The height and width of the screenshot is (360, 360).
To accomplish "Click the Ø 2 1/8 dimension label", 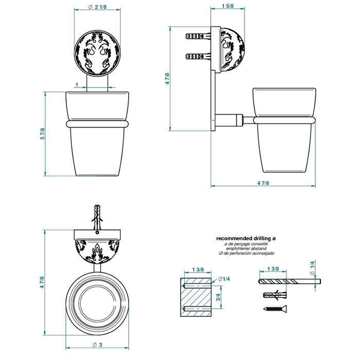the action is pos(98,7).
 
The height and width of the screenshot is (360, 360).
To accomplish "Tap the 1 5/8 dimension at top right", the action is pos(227,6).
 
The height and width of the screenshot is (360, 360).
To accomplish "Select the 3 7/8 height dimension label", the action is pos(43,134).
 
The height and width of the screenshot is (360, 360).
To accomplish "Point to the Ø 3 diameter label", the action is pos(97,345).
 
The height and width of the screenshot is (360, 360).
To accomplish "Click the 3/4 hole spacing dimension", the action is pos(218,297).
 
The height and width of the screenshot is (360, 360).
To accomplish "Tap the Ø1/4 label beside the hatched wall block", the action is pos(224,279).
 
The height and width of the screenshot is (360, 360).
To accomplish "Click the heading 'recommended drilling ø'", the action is pos(246,238).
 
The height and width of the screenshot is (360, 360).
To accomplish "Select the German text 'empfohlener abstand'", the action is pos(246,248).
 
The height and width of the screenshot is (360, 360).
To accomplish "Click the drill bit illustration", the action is pos(290,281).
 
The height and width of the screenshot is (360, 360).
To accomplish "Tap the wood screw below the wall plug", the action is pos(275,309).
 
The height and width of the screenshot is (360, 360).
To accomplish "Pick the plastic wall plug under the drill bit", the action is pos(275,294).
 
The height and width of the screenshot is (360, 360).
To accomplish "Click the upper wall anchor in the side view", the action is pos(198,37).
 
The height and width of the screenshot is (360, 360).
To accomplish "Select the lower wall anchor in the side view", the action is pos(198,56).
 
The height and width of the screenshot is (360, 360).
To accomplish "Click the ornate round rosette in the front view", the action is pos(97,52).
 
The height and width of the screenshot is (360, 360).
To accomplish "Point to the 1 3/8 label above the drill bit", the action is pos(273,268).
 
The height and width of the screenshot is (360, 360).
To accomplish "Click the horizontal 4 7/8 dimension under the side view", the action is pos(263,183).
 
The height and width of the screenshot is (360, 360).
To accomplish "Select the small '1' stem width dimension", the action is pos(77,85).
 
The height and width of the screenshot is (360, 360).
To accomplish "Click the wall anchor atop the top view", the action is pos(97,217).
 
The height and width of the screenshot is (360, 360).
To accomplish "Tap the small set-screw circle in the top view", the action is pos(97,232).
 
